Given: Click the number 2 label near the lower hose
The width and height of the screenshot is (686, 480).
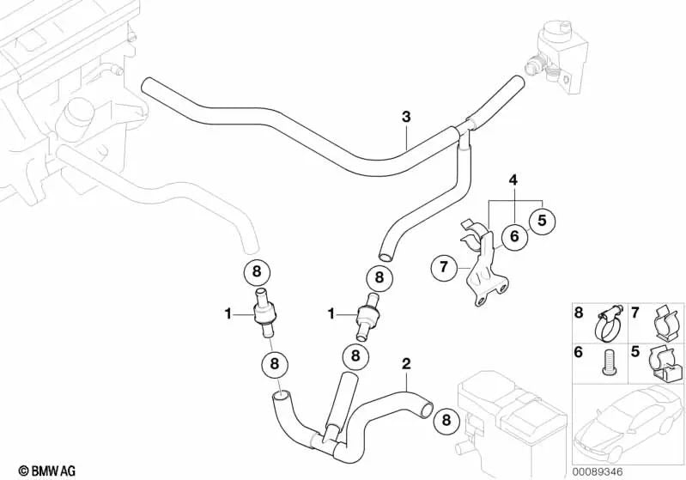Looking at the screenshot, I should (405, 364).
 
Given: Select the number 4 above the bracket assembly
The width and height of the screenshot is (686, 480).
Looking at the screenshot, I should (513, 180).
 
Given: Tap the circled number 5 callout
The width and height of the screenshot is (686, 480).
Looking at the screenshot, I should (543, 222).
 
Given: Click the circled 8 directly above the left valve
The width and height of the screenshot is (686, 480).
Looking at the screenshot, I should (257, 273).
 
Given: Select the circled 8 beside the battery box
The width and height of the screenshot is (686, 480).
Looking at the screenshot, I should (446, 420).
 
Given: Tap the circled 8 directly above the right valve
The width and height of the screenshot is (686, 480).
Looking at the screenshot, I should (378, 277).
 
